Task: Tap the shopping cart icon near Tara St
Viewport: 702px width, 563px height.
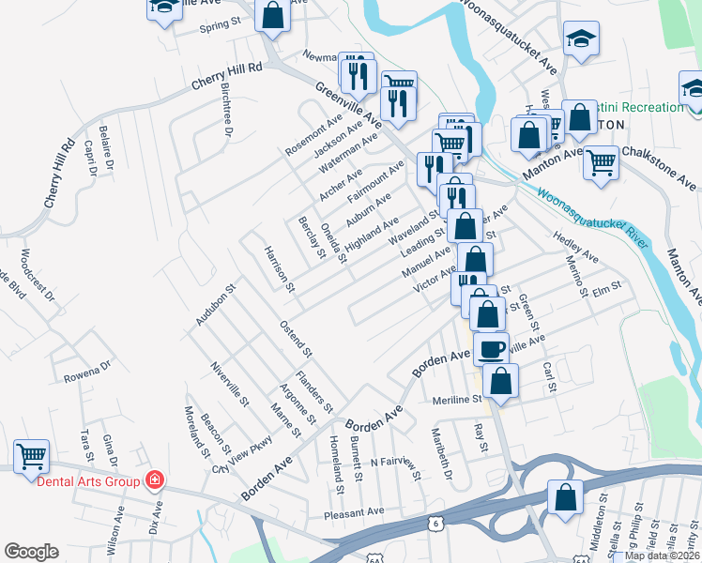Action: tap(32, 457)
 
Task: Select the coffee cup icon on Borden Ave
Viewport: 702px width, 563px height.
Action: tap(491, 349)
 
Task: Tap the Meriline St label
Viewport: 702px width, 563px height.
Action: tap(457, 399)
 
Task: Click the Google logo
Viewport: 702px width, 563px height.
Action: tap(31, 551)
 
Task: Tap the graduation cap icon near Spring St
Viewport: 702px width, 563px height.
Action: tap(164, 8)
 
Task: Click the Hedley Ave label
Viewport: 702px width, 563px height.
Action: tap(575, 250)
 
